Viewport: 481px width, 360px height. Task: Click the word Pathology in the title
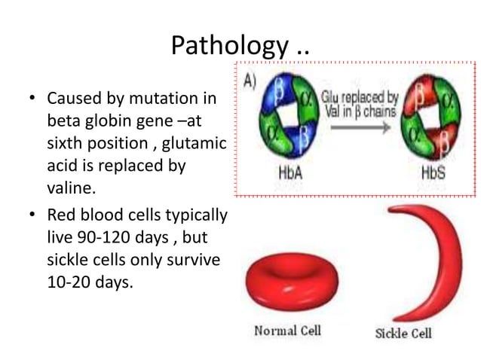click(x=226, y=46)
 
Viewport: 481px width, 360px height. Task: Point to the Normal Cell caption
click(x=287, y=331)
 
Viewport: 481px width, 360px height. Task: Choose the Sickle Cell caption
click(x=403, y=332)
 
